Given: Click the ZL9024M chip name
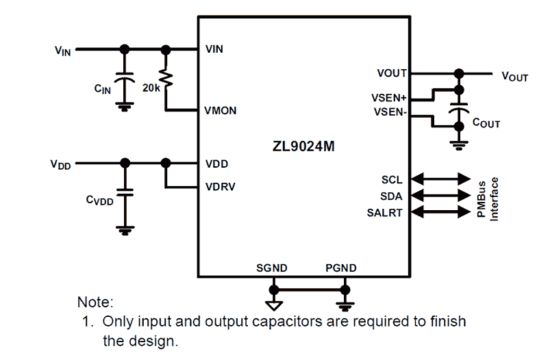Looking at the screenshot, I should pos(303,146).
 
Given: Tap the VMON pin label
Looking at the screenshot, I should pos(221,110).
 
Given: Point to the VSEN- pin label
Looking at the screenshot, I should pos(390,111).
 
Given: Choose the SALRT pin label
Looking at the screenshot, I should pos(385,212).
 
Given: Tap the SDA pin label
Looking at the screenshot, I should pos(392,196).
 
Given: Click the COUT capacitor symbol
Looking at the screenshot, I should pos(458,110).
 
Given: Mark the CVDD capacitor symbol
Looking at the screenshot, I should pos(124,192).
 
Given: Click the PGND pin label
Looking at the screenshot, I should pos(340,268).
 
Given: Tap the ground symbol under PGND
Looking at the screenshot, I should pos(343,301).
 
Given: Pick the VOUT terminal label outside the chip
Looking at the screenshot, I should pos(514,77).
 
